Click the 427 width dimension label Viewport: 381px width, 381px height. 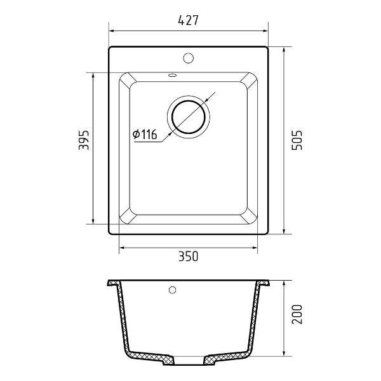[x=189, y=20]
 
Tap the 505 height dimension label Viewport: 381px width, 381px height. [x=297, y=140]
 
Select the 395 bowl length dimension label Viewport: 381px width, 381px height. [x=84, y=140]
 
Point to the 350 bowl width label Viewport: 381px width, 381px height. [x=189, y=257]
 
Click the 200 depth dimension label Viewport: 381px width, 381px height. [x=297, y=314]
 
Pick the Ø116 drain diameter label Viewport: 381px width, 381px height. [x=145, y=134]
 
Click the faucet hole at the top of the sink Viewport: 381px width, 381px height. [x=189, y=58]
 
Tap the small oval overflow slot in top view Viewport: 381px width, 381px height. [x=173, y=75]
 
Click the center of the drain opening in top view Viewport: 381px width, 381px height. [x=189, y=117]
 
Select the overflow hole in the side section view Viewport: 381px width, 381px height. [x=172, y=290]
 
